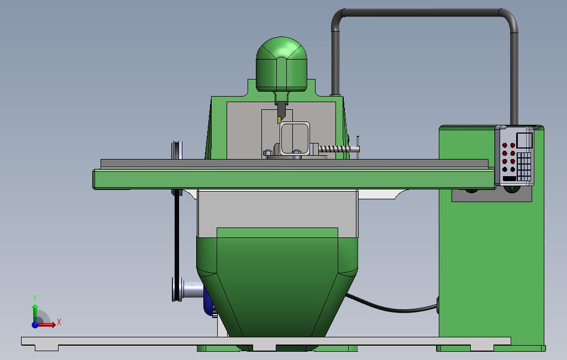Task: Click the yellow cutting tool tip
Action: pos(279,120)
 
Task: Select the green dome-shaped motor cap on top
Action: pos(281,64)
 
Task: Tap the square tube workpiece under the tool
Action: pos(295,139)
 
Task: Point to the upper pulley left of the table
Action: pos(177,150)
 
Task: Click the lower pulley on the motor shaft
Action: pos(177,289)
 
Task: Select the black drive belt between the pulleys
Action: pos(177,235)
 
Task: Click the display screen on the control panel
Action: pos(524,140)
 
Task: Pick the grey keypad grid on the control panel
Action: pos(524,166)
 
